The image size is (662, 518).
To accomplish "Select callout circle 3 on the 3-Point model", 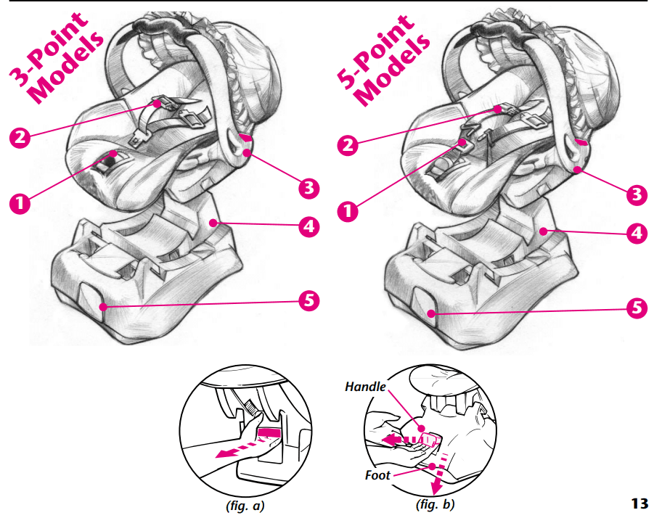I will [x=309, y=188].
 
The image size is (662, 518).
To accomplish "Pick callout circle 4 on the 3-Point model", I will [x=309, y=226].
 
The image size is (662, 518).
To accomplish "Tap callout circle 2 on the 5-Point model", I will [x=350, y=145].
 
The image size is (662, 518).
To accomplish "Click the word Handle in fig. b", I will [x=365, y=387].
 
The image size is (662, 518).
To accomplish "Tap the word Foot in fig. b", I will [x=377, y=476].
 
